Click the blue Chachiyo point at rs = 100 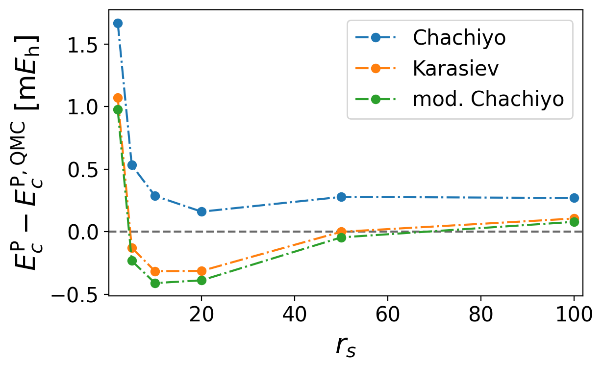click(574, 198)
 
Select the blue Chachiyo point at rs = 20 click(201, 211)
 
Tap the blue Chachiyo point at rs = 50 click(341, 197)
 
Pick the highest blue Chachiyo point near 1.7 click(118, 23)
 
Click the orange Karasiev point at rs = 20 click(201, 271)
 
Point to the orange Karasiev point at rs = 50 click(341, 232)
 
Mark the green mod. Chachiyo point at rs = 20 click(201, 280)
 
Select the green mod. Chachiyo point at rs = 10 click(155, 283)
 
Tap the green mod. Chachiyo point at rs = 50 click(341, 237)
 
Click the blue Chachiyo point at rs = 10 click(155, 196)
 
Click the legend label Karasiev click(455, 69)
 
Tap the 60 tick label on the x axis click(388, 315)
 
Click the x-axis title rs click(346, 346)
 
